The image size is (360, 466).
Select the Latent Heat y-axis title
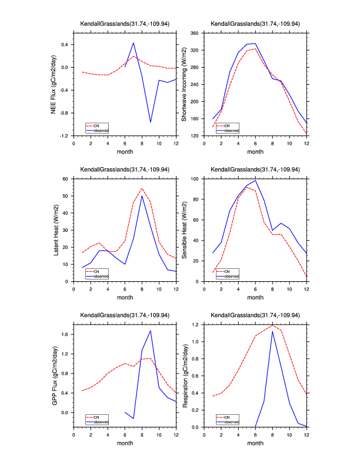pos(57,229)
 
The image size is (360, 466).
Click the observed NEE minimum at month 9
pos(151,122)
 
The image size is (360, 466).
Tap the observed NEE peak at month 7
pos(134,42)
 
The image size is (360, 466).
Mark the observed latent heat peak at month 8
pos(142,196)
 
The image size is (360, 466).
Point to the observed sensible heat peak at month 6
pos(255,180)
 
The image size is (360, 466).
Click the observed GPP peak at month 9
pos(151,331)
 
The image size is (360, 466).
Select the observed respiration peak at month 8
pos(272,331)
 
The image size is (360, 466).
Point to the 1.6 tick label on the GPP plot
pos(66,334)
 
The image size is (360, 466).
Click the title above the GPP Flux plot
pos(125,315)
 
